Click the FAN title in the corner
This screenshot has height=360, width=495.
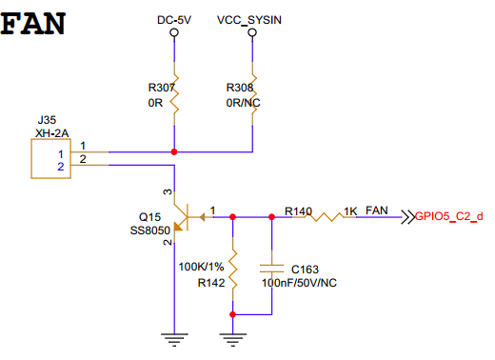click(33, 24)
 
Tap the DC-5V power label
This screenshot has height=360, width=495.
click(174, 20)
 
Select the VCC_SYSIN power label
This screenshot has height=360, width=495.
click(249, 20)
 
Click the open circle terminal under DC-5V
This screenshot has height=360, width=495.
click(174, 32)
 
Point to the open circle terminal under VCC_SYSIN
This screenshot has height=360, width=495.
click(252, 32)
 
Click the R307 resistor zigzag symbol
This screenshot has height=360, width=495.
click(174, 94)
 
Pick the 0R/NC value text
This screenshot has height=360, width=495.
click(243, 103)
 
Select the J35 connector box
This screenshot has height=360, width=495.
click(50, 158)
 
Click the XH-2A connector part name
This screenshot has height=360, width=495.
click(52, 133)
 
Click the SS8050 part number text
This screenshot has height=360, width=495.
click(150, 230)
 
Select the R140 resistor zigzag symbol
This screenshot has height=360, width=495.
click(327, 217)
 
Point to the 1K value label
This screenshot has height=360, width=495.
click(350, 211)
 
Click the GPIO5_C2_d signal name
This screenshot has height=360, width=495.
click(448, 216)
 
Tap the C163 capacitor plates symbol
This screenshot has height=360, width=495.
click(271, 269)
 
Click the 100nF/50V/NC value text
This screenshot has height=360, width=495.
click(299, 283)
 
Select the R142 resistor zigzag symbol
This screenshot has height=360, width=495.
click(233, 270)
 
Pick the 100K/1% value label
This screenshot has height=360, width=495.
click(201, 267)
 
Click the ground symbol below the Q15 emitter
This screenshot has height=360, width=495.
click(174, 340)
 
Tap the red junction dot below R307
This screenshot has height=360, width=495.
click(174, 152)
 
